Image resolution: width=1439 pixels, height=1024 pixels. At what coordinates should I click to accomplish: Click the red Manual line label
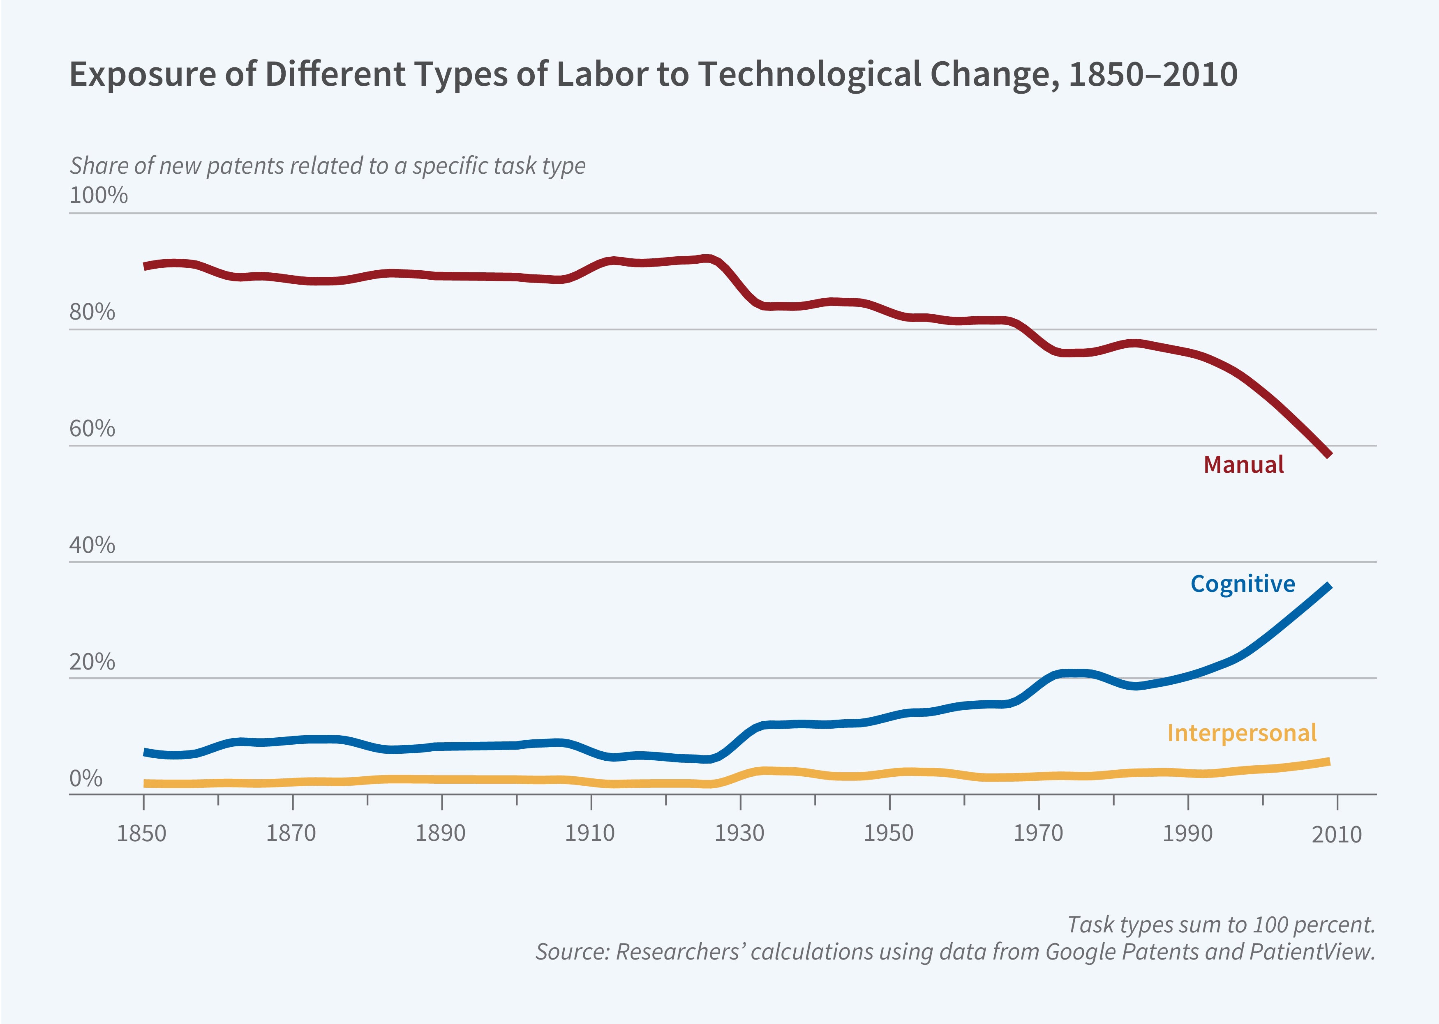tap(1243, 465)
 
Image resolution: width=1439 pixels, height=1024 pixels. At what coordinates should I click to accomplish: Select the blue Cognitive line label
tap(1242, 584)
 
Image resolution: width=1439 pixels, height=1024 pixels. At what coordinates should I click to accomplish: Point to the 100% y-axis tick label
tap(98, 195)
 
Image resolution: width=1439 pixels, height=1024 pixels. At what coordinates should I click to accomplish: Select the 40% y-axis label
tap(92, 545)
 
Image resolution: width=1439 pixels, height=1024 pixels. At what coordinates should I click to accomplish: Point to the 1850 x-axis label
tap(142, 833)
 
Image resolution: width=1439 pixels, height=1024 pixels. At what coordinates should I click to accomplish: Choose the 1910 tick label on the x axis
tap(589, 833)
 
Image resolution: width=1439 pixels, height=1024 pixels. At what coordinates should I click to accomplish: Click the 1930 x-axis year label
tap(739, 833)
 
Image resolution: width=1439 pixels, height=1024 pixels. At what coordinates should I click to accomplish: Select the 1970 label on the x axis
tap(1038, 833)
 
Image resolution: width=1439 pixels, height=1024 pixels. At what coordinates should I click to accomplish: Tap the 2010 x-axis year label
tap(1336, 834)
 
